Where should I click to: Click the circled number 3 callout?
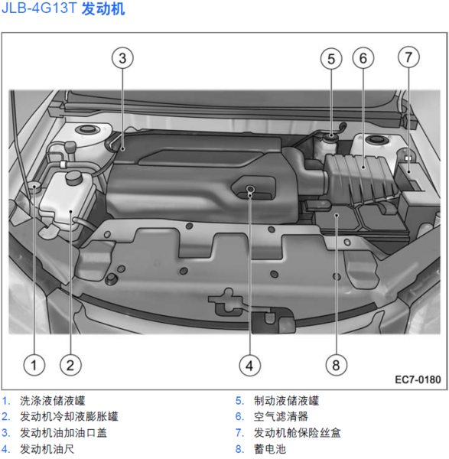coord(122,58)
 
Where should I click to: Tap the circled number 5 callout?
coord(331,59)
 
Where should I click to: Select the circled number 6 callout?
coord(363,58)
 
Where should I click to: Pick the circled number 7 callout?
coord(408,57)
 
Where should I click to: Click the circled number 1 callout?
coord(34,365)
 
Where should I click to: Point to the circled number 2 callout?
coord(70,365)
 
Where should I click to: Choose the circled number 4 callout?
coord(249,366)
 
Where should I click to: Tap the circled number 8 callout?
coord(337,365)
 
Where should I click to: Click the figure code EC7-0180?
coord(418,379)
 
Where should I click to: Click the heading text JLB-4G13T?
coord(39,8)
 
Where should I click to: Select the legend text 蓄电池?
coord(270,449)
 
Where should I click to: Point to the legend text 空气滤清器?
coord(281,417)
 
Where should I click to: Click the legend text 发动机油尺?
coord(47,449)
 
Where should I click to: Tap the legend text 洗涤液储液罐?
coord(52,401)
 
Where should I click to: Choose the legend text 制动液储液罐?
coord(286,401)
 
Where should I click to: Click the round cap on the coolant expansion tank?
coord(73,177)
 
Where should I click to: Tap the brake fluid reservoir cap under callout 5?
coord(331,136)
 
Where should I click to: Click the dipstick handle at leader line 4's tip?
coord(249,189)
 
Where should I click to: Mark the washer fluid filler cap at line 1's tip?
coord(34,186)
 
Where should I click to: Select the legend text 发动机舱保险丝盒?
coord(297,433)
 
